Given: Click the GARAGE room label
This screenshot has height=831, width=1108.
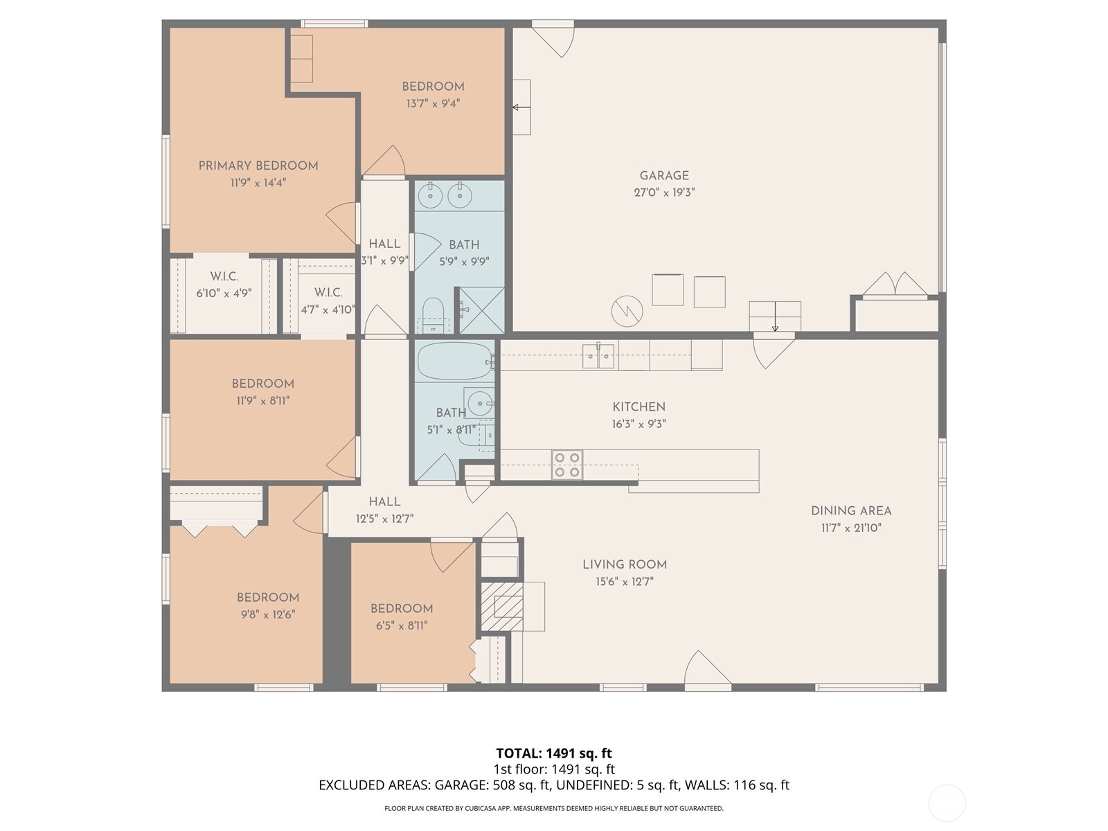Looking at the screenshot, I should point(663,176).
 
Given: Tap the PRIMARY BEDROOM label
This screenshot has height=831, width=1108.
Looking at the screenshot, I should point(258,166).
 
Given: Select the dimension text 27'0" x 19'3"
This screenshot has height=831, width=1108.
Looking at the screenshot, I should point(663,193).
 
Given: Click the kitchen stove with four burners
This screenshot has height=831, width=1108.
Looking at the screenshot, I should point(567,465).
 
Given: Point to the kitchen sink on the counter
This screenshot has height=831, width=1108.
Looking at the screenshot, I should point(598,356).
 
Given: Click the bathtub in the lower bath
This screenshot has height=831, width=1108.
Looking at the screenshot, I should point(454,361).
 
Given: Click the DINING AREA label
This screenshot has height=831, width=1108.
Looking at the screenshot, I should point(851,511).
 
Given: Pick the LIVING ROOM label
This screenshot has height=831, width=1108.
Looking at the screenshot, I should point(624,564).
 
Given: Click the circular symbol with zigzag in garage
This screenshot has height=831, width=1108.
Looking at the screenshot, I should point(627,312).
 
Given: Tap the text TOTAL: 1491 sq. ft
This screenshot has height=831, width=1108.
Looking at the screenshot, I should point(553,753).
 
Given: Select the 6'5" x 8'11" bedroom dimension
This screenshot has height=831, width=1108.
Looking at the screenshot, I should point(402,625).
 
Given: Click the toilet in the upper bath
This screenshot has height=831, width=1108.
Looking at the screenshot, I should point(433,316).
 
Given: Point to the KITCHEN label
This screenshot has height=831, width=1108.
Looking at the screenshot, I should point(638,407).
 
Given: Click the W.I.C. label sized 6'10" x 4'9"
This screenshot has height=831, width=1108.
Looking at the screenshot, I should point(224,276).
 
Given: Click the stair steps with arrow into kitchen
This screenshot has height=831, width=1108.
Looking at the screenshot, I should point(775,316).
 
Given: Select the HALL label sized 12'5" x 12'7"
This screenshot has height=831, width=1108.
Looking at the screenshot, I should point(384,501).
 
